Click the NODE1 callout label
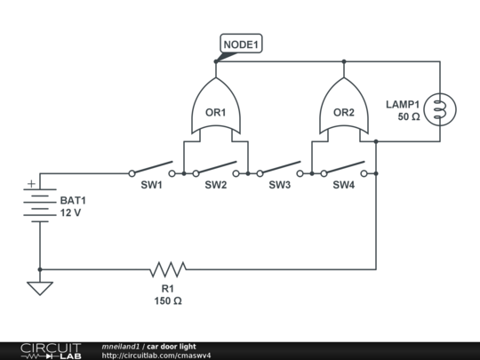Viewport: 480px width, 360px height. (x=241, y=44)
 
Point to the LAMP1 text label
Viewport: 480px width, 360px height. (x=403, y=104)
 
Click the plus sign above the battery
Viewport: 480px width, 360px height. (x=32, y=185)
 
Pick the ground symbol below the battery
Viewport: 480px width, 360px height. (x=39, y=288)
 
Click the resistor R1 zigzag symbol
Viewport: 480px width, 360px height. (x=167, y=268)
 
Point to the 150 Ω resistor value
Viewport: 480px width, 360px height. (x=167, y=301)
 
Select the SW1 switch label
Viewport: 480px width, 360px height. (x=151, y=186)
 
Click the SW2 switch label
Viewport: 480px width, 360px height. (x=216, y=186)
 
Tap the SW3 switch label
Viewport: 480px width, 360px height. (x=280, y=186)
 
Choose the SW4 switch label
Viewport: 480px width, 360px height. (x=344, y=186)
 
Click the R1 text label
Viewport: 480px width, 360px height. (x=167, y=289)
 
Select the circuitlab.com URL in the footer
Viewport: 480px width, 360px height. (x=156, y=356)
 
